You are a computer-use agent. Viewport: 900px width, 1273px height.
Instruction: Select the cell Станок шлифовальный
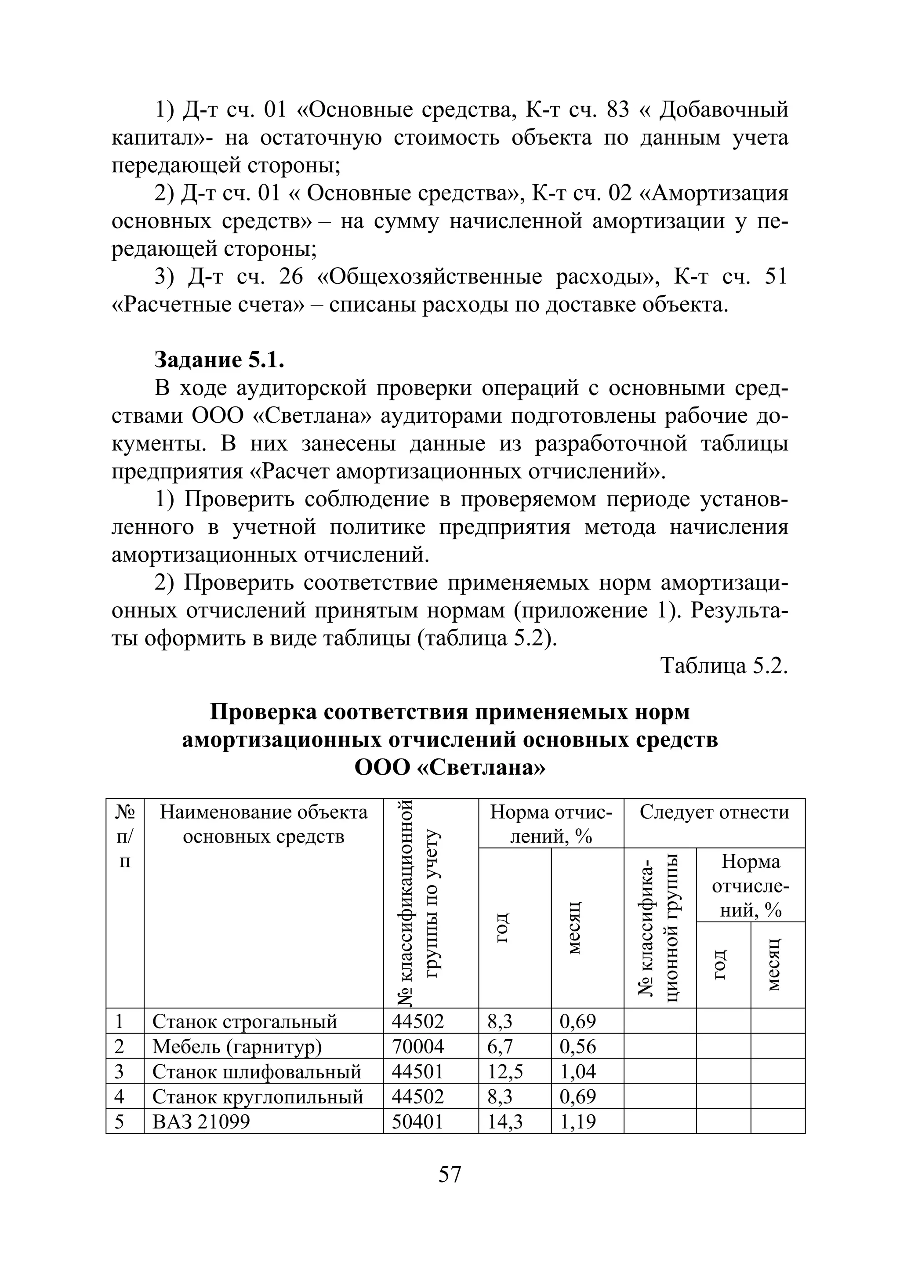point(257,1071)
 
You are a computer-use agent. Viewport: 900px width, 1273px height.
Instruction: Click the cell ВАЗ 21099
point(201,1122)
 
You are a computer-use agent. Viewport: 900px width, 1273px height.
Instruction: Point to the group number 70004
point(417,1046)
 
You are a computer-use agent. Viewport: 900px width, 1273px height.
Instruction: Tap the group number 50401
point(417,1122)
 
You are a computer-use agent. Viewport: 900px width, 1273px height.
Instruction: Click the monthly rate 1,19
point(578,1122)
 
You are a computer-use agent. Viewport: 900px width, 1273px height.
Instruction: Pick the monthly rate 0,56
point(578,1046)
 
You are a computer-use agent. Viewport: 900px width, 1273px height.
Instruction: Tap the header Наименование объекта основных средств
point(263,824)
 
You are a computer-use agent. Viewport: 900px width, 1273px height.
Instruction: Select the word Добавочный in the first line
point(724,110)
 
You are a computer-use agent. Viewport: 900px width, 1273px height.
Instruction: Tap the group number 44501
point(417,1071)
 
